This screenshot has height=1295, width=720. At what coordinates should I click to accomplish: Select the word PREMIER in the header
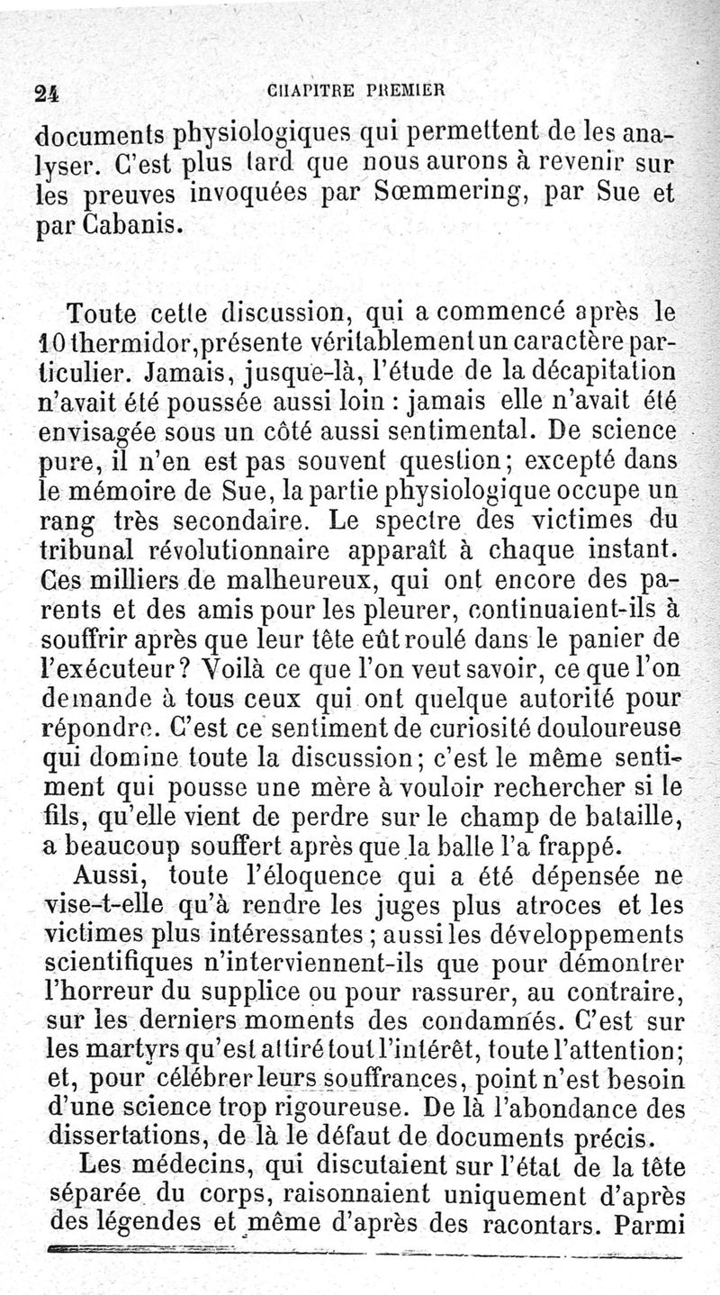click(406, 89)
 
